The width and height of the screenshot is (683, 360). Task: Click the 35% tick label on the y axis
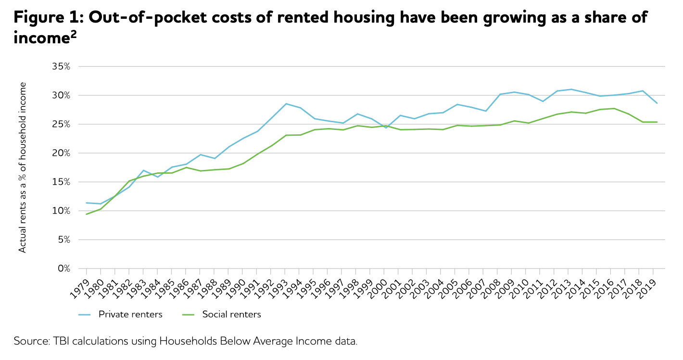[61, 66]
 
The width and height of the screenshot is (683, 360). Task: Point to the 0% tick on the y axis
[63, 269]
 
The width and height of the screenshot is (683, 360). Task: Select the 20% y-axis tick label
[61, 153]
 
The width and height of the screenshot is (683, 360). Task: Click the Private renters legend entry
[130, 315]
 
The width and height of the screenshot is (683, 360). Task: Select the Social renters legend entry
[231, 315]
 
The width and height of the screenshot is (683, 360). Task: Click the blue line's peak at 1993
[286, 103]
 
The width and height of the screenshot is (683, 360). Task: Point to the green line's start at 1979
[86, 214]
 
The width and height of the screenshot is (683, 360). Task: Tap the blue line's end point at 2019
[657, 103]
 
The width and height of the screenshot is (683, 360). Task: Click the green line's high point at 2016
[614, 108]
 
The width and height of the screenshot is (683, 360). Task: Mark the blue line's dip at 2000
[385, 128]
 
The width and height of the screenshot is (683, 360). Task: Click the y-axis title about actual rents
[22, 167]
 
